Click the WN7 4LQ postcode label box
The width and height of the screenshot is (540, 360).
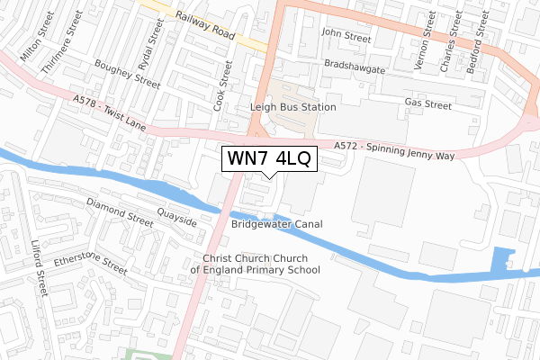[x=269, y=159]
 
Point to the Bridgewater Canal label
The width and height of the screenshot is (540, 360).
[x=276, y=223]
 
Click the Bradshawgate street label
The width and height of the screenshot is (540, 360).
[x=354, y=67]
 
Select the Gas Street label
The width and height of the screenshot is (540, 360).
[x=427, y=104]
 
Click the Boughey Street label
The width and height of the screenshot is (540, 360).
[x=128, y=74]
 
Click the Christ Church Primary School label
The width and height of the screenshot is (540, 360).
[x=255, y=264]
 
